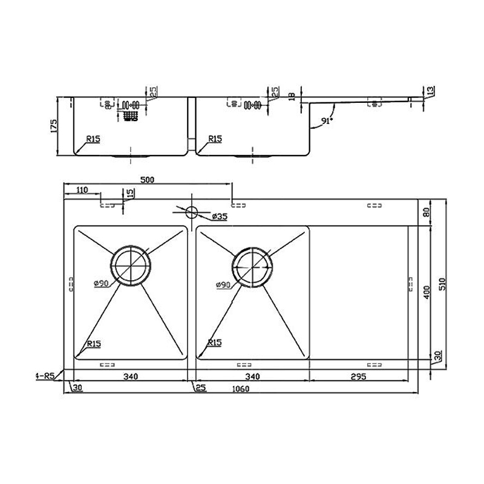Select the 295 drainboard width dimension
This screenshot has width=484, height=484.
coord(358,376)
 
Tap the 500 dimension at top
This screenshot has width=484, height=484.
coord(148,180)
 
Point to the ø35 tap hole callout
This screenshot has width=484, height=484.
coord(220,216)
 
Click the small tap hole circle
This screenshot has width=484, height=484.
coord(192,212)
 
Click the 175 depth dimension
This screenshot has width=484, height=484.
coord(53,126)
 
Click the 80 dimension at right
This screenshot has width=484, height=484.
coord(427,212)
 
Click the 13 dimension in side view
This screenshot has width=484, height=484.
coord(430,91)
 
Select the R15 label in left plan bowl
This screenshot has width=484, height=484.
coord(94,343)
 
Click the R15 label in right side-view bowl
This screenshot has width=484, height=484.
coord(215,139)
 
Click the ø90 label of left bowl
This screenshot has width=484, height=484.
coord(101,284)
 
